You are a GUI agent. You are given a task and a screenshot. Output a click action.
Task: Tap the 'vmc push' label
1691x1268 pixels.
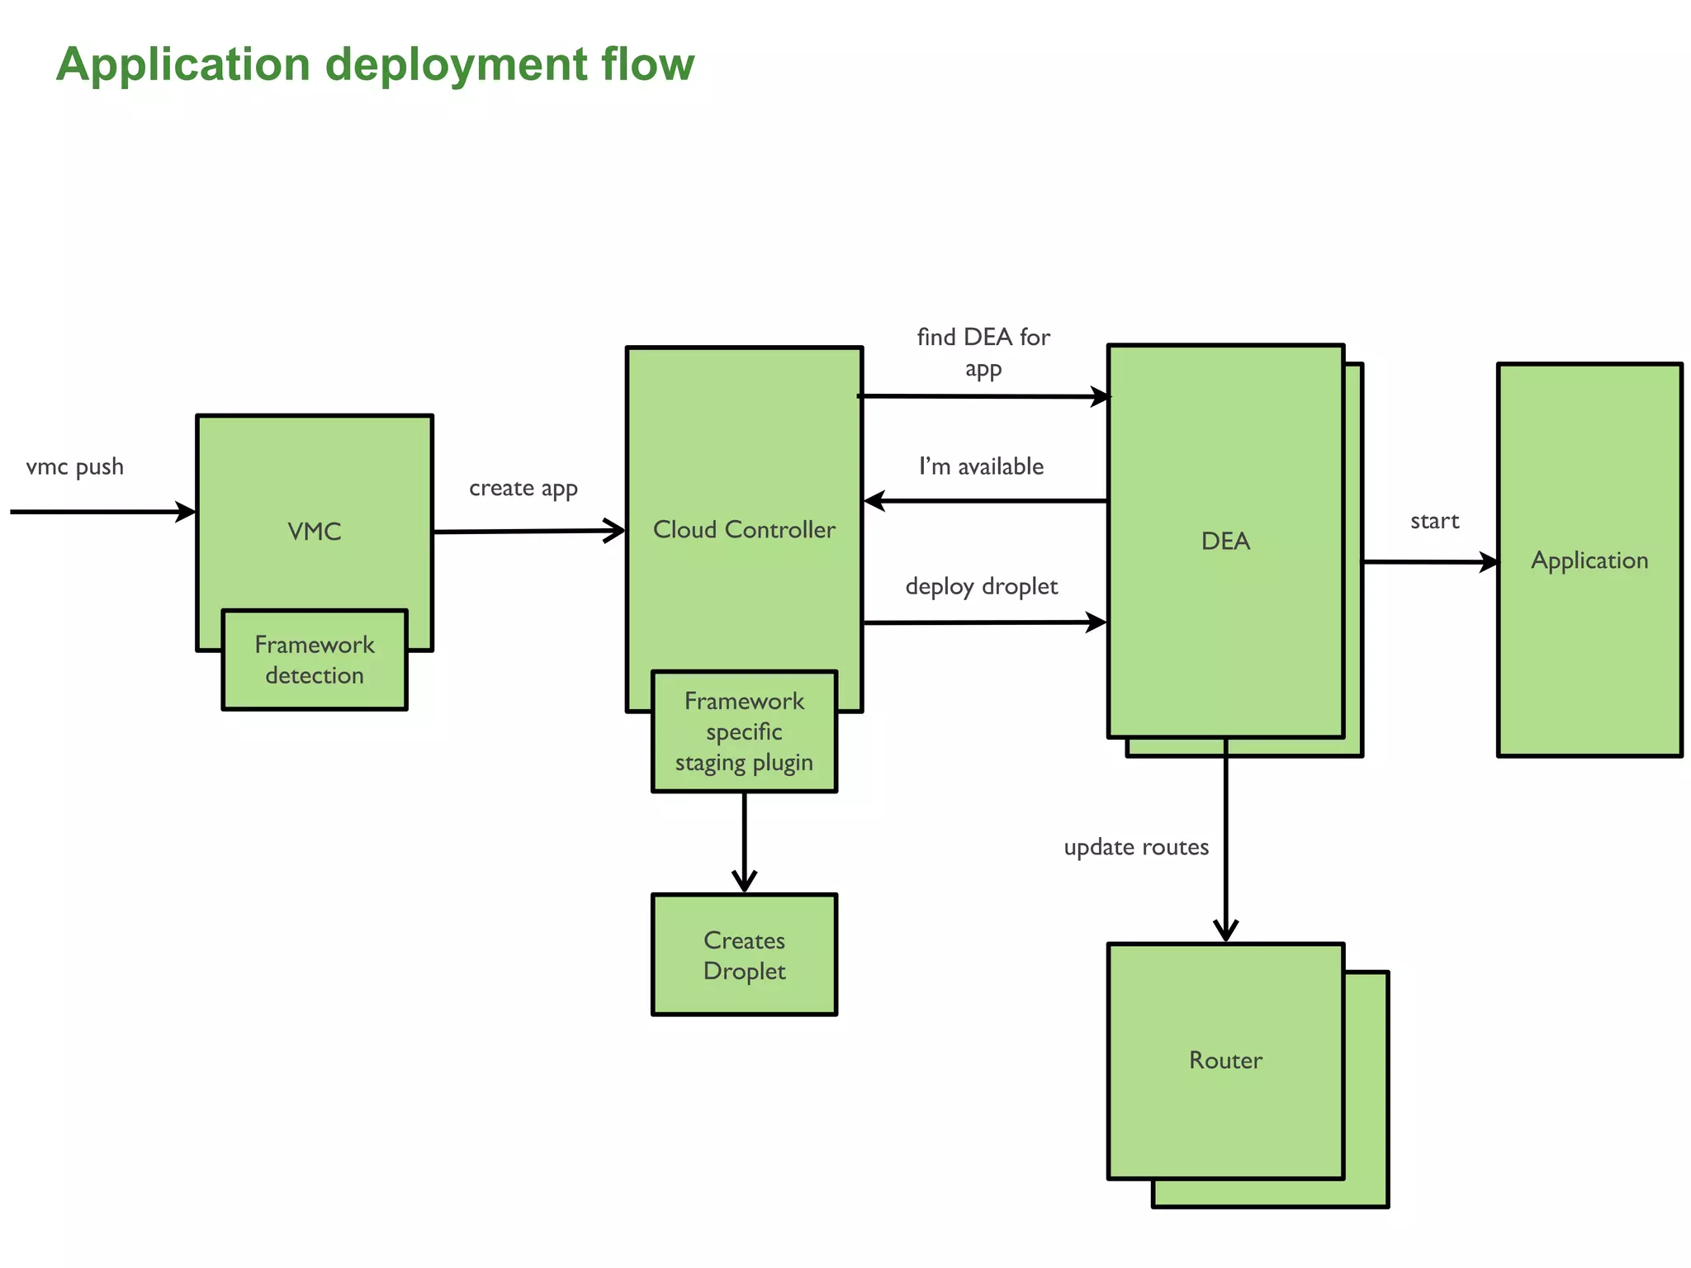click(74, 467)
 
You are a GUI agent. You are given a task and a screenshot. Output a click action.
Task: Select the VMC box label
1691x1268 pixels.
click(314, 532)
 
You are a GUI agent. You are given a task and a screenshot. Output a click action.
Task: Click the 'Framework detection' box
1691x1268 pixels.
click(314, 660)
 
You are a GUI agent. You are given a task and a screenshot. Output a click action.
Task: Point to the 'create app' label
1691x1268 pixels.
click(523, 489)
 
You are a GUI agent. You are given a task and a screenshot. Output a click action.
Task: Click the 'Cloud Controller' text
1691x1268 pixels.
click(743, 530)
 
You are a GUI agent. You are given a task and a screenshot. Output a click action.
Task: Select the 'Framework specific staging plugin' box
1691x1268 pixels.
click(743, 732)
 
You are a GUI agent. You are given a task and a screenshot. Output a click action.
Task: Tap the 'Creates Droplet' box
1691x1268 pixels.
click(743, 955)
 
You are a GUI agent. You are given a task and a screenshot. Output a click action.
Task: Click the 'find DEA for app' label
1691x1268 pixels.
click(983, 352)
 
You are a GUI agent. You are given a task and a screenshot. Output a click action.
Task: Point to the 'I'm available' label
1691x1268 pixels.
click(981, 467)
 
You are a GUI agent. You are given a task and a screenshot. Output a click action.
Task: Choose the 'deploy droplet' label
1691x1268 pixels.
click(981, 587)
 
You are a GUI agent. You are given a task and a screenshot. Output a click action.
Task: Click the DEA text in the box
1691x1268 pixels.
click(1224, 542)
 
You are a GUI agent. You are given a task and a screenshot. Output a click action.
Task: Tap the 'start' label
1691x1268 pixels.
click(1434, 522)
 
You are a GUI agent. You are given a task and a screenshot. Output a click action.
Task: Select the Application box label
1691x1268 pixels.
click(1589, 561)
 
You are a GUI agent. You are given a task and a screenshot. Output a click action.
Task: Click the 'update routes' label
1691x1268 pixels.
click(1135, 848)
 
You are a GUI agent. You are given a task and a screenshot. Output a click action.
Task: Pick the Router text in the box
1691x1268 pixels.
click(1224, 1061)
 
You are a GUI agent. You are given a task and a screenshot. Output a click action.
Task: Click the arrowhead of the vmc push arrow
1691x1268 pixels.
click(186, 512)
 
